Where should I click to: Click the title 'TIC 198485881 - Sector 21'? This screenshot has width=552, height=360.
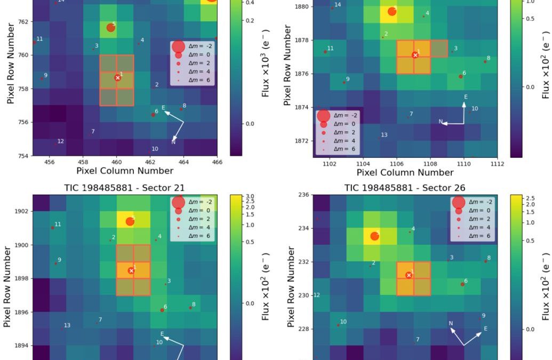tap(125, 188)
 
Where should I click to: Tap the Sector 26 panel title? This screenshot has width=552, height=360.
tap(405, 188)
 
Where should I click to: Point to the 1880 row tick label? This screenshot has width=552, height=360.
tap(301, 6)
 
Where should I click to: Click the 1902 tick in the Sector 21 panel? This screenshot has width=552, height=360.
tap(22, 212)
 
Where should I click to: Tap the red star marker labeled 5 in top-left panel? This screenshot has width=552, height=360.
tap(110, 27)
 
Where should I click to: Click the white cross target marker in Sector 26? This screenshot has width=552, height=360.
tap(409, 275)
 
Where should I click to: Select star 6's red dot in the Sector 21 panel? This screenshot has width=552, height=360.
tap(162, 310)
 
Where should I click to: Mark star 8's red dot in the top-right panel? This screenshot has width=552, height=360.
tap(485, 62)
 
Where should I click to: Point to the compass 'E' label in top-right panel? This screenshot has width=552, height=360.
tap(466, 97)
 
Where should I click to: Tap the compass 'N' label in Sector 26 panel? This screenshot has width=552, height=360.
tap(451, 323)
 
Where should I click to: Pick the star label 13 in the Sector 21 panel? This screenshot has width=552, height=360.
tap(67, 325)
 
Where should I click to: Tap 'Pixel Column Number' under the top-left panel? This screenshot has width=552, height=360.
tap(125, 171)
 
